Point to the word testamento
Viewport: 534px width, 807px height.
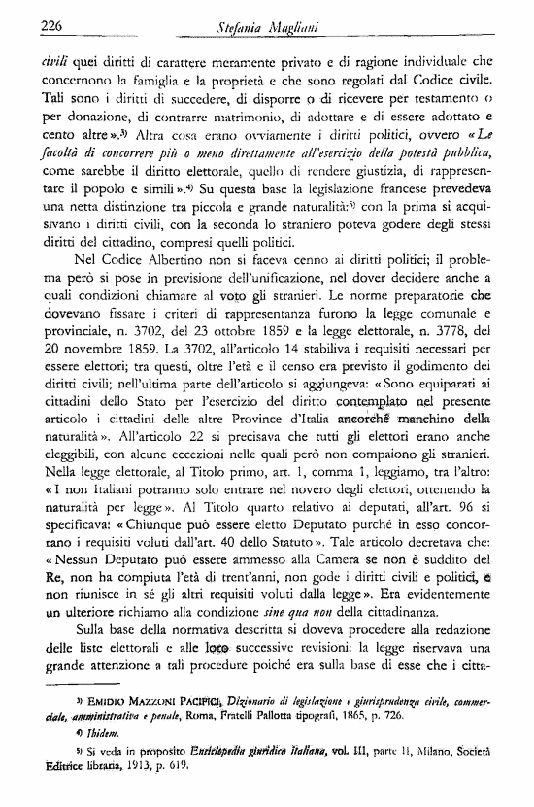point(466,97)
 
